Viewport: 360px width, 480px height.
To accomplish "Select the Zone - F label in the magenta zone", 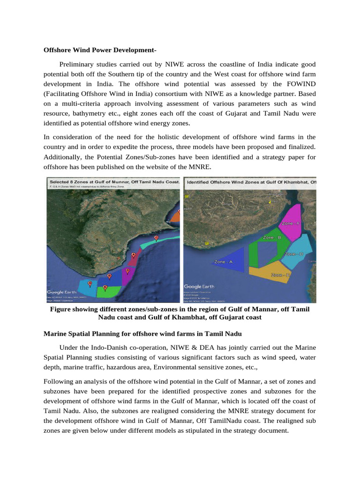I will point(291,224).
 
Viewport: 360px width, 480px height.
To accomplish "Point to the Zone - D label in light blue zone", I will point(294,254).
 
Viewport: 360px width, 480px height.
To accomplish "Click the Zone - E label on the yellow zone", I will point(281,275).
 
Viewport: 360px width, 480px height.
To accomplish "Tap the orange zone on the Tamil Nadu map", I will point(175,216).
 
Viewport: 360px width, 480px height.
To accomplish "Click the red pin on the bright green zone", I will point(105,287).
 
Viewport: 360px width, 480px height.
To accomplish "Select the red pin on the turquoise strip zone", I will point(156,238).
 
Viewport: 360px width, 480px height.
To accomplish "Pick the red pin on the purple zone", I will point(127,270).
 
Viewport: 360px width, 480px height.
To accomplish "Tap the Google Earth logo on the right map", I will point(199,286).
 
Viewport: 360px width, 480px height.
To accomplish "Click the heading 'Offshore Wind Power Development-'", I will point(103,50).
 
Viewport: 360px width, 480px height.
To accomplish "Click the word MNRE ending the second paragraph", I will point(200,166).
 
